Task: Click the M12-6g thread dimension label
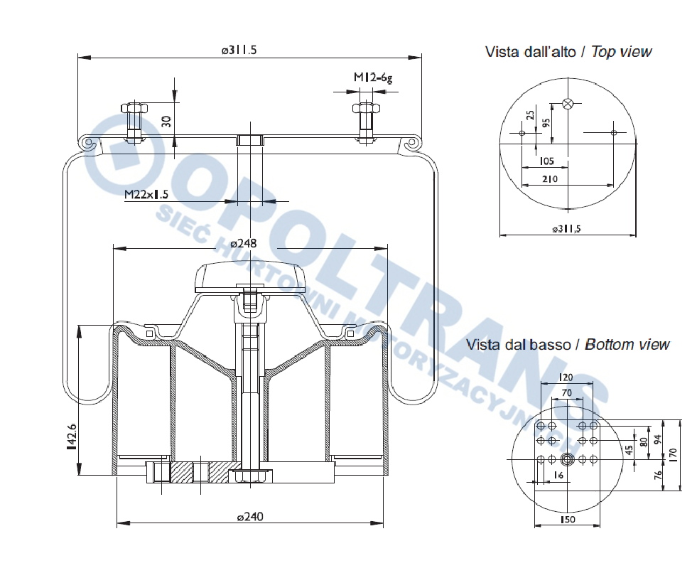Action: (x=373, y=77)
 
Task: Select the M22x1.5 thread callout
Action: (x=146, y=194)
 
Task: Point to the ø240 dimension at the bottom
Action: (x=249, y=517)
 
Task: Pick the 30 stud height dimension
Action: (x=167, y=119)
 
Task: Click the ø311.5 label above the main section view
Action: (x=238, y=50)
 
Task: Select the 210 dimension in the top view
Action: (x=550, y=178)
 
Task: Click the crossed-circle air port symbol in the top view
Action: (x=567, y=104)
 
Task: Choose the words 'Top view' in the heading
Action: (x=621, y=52)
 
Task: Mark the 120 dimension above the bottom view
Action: (x=566, y=377)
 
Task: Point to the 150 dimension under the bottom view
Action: (x=567, y=520)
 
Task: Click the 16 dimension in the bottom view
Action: (x=558, y=474)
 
